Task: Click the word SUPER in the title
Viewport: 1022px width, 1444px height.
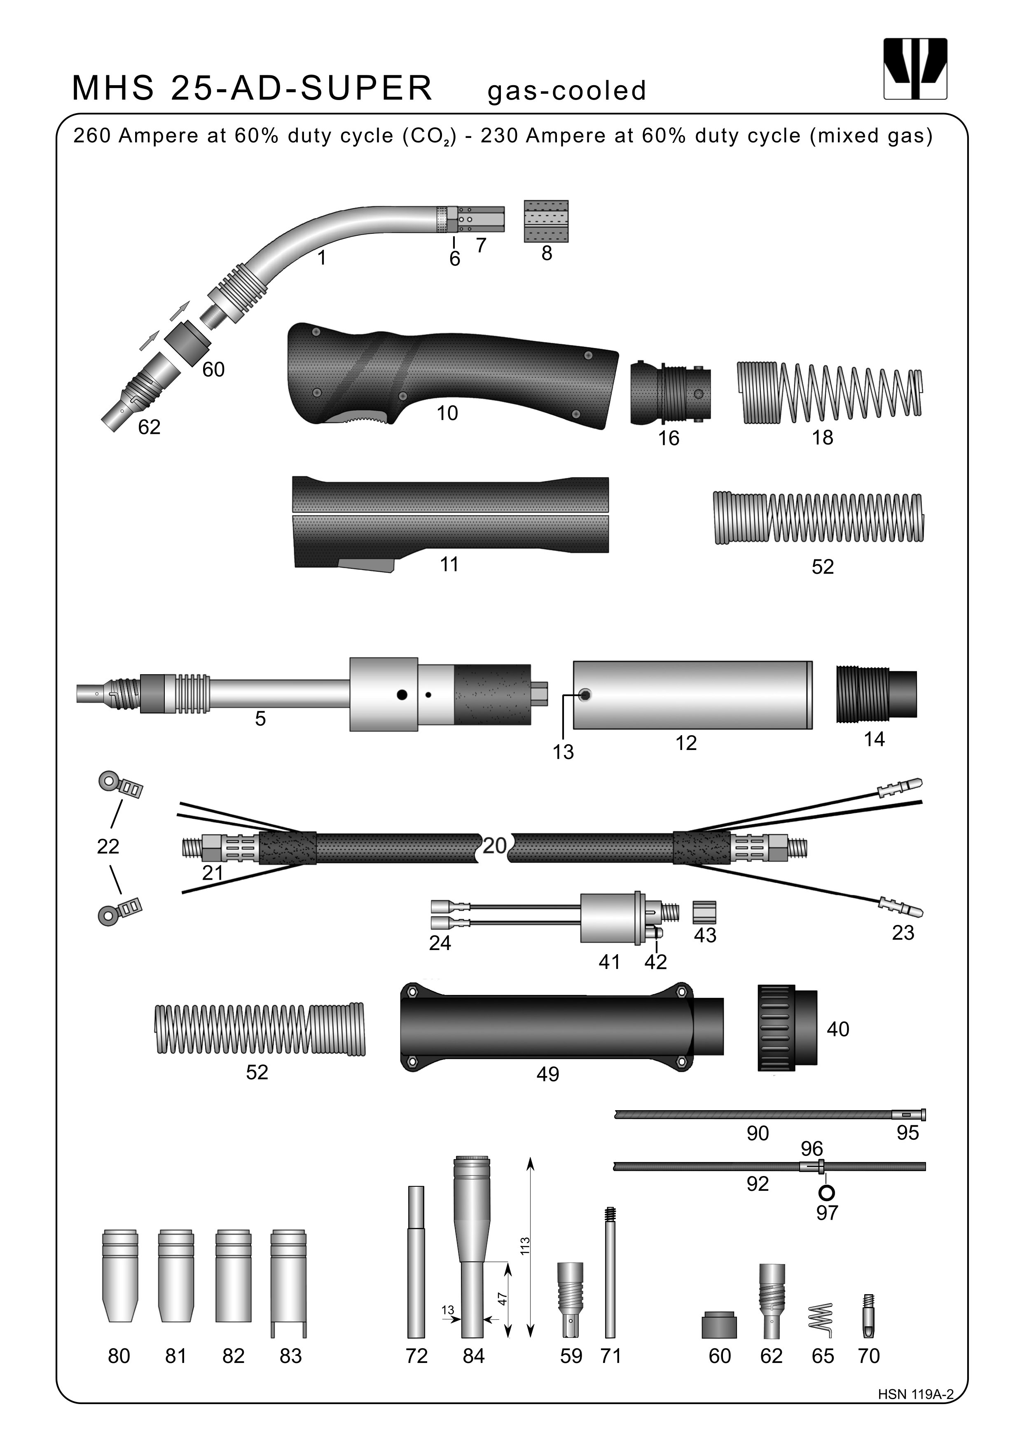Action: coord(366,88)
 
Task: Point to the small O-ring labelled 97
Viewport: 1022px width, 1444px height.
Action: coord(826,1192)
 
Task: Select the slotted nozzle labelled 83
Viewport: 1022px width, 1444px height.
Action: coord(289,1283)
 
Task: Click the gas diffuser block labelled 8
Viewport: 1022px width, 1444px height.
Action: coord(546,221)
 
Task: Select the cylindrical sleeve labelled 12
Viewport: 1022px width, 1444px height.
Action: coord(692,695)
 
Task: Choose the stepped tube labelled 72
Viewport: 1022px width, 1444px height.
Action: coord(416,1264)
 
